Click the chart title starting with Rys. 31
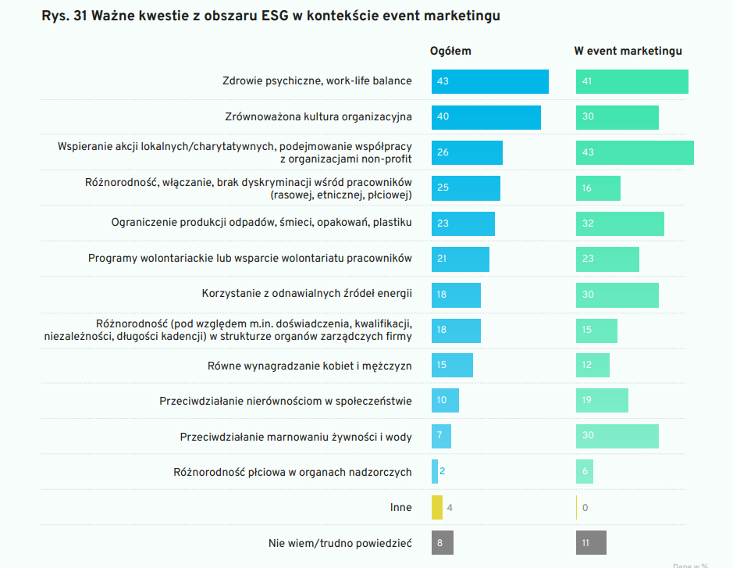pyautogui.click(x=271, y=16)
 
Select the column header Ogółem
pyautogui.click(x=450, y=51)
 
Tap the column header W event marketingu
pyautogui.click(x=628, y=51)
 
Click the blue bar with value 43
pyautogui.click(x=489, y=81)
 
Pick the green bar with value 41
pyautogui.click(x=632, y=81)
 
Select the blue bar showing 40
pyautogui.click(x=486, y=117)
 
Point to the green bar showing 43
pyautogui.click(x=635, y=152)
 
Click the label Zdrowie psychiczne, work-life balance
pyautogui.click(x=317, y=80)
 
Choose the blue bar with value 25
pyautogui.click(x=465, y=188)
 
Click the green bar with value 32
pyautogui.click(x=620, y=223)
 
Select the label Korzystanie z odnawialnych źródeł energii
pyautogui.click(x=307, y=294)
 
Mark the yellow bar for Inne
pyautogui.click(x=437, y=507)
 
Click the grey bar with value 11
pyautogui.click(x=591, y=542)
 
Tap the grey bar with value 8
pyautogui.click(x=442, y=542)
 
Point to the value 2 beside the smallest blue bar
pyautogui.click(x=443, y=471)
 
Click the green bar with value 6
pyautogui.click(x=585, y=471)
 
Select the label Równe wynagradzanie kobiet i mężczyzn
pyautogui.click(x=309, y=365)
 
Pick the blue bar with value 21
pyautogui.click(x=460, y=259)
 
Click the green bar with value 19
pyautogui.click(x=602, y=400)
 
